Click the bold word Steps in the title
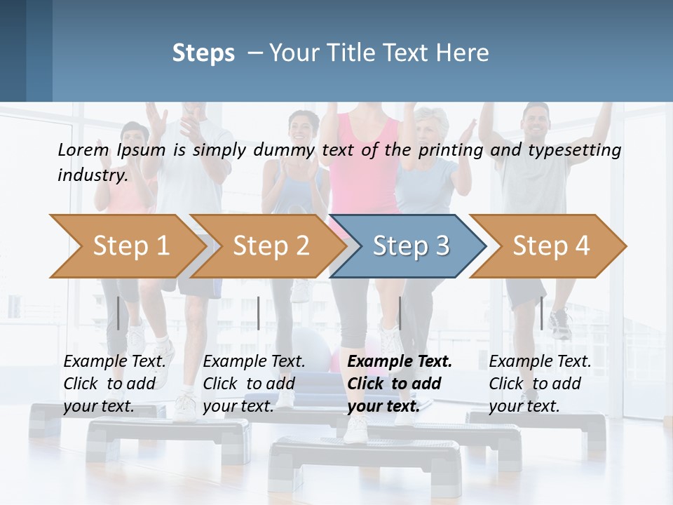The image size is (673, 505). pos(203,53)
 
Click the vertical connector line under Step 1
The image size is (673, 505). pos(118,313)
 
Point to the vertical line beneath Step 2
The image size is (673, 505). pos(259,313)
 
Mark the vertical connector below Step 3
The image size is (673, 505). pos(400,313)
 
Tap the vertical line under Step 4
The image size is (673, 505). pos(541,313)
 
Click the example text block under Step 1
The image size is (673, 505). pos(114,384)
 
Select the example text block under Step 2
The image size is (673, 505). pos(254,384)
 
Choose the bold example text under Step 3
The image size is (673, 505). pos(400,384)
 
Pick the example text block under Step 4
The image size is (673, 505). pos(540,384)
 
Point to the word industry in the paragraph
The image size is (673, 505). pos(93,175)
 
